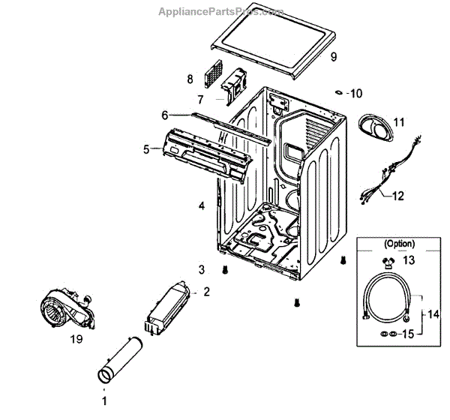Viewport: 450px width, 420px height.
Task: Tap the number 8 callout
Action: click(x=190, y=79)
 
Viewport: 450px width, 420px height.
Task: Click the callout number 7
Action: click(x=201, y=100)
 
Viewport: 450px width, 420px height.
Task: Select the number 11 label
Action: click(x=398, y=121)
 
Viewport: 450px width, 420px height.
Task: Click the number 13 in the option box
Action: click(x=408, y=260)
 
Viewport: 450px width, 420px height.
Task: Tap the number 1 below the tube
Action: click(x=104, y=401)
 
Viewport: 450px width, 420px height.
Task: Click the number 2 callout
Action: click(x=205, y=291)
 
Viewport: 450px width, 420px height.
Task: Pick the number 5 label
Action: click(x=146, y=148)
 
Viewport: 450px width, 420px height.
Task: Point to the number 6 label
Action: click(x=164, y=115)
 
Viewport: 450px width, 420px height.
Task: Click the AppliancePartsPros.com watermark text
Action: click(x=220, y=12)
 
